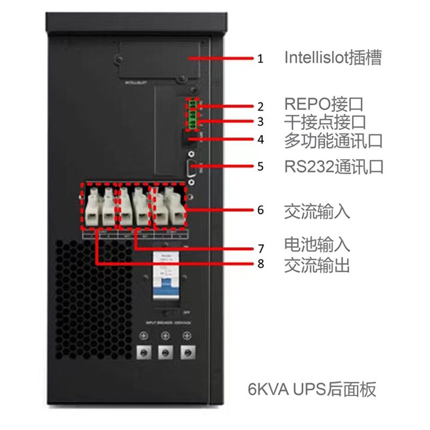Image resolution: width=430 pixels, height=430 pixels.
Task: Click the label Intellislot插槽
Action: [x=333, y=58]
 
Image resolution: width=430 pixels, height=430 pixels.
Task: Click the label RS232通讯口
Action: [x=334, y=166]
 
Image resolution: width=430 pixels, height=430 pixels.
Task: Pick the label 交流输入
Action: [x=317, y=210]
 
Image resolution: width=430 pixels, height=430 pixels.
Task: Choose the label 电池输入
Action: [x=317, y=245]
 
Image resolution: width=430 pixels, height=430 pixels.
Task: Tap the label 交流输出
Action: [x=317, y=264]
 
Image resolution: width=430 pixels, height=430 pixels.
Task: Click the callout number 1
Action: [x=261, y=59]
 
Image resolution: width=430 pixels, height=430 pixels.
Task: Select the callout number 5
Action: [x=261, y=167]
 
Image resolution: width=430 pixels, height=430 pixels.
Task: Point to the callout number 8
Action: [x=261, y=264]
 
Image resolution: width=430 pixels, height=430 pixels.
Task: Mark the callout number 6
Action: [x=261, y=210]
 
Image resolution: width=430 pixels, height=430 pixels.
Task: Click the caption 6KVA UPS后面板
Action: [x=312, y=389]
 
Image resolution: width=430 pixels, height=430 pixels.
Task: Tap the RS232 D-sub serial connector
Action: [x=191, y=168]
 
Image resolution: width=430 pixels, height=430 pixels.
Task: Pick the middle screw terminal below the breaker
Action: [x=166, y=352]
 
